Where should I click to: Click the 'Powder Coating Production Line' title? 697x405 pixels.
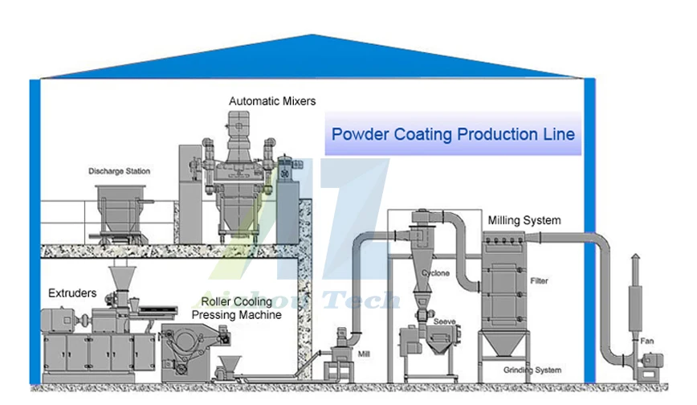(x=453, y=134)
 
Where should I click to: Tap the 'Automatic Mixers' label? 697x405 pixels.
(x=272, y=101)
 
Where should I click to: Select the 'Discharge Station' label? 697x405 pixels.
(x=119, y=171)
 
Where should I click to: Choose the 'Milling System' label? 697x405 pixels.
(x=524, y=220)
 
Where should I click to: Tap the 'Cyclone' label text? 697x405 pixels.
(x=436, y=273)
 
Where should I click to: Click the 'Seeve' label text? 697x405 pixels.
(x=444, y=321)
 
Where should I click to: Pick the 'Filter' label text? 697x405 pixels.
(x=539, y=281)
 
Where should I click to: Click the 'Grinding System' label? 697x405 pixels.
(x=532, y=370)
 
